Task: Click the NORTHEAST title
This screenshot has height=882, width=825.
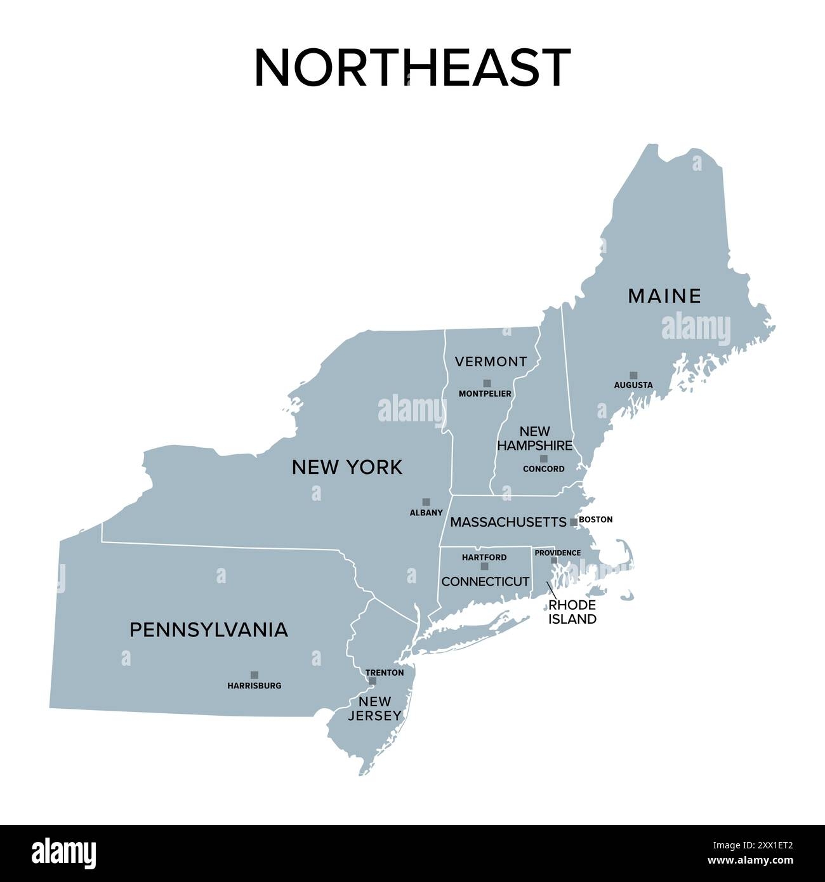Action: [412, 67]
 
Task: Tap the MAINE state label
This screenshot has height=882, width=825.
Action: [664, 296]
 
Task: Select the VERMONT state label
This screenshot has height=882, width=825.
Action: [491, 362]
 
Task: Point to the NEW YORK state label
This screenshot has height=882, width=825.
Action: [346, 468]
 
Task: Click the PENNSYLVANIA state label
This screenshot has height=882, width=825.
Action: [209, 629]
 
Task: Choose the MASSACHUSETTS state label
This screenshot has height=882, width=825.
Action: [508, 522]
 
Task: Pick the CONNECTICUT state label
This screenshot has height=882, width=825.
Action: [485, 581]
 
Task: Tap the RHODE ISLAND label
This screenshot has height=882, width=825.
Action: [572, 612]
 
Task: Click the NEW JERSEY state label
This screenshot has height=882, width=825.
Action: [374, 708]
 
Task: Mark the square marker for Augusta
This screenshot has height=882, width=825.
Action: [633, 375]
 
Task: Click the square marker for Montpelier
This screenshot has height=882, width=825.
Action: [487, 383]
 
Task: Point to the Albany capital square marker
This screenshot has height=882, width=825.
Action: [426, 501]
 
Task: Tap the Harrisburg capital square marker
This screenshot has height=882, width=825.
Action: [254, 675]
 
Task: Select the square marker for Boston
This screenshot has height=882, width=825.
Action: [574, 522]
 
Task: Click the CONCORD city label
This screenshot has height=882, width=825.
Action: [543, 469]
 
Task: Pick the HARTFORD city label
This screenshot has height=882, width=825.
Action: [484, 557]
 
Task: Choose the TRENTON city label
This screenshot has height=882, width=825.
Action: [385, 672]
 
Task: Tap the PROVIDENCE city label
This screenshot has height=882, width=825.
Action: [557, 553]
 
